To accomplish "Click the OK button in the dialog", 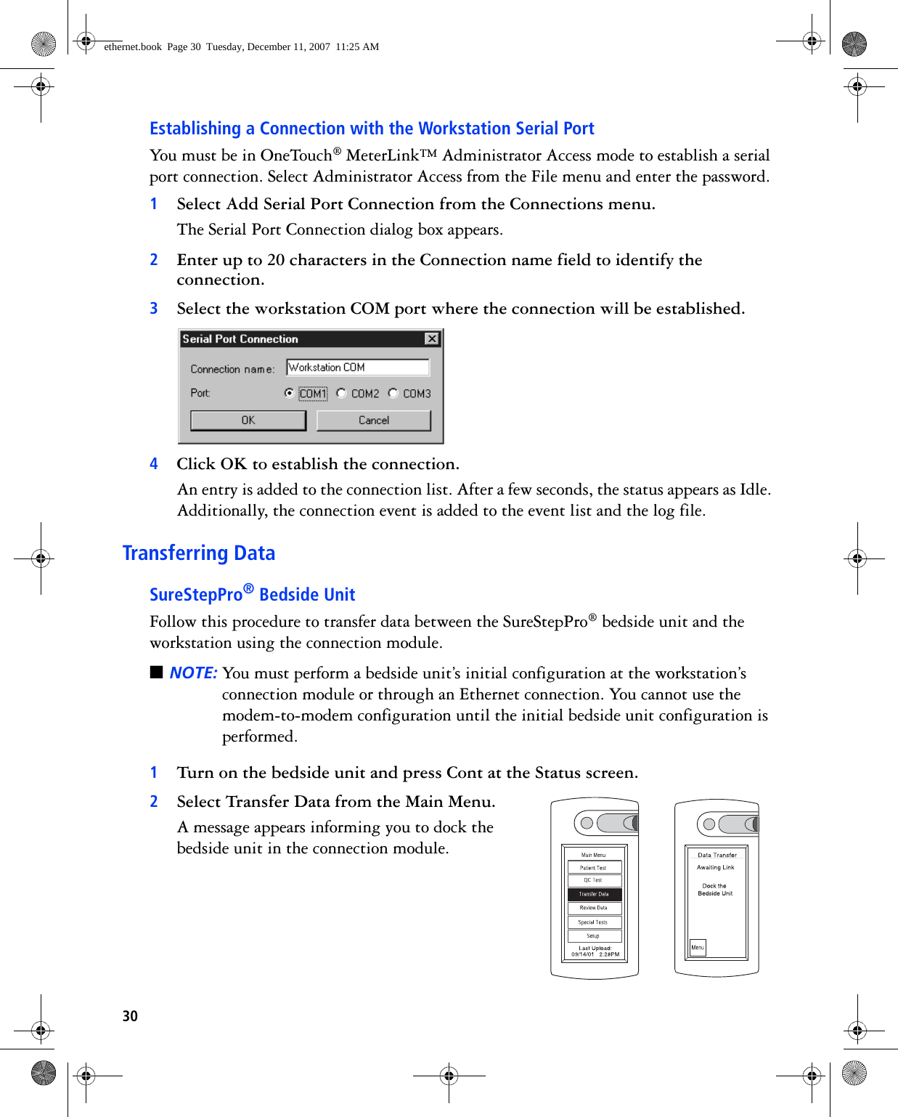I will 248,421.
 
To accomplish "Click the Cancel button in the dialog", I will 374,421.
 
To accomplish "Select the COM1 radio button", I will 290,393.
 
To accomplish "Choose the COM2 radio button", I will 341,393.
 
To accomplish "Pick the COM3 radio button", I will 393,393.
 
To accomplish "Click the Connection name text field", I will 358,367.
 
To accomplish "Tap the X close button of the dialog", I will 432,338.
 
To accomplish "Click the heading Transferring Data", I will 198,553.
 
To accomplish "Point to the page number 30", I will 130,1016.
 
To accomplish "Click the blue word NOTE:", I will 193,673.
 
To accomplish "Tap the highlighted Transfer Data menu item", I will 594,894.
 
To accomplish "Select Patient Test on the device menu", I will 594,867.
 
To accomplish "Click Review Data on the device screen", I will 594,908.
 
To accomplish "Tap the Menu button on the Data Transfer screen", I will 698,947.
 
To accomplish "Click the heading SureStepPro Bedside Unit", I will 252,594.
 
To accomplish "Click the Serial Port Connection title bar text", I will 240,338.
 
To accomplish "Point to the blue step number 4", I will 154,464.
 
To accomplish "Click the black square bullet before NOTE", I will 156,672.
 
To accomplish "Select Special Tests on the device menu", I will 594,922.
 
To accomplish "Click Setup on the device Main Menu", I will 594,936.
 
